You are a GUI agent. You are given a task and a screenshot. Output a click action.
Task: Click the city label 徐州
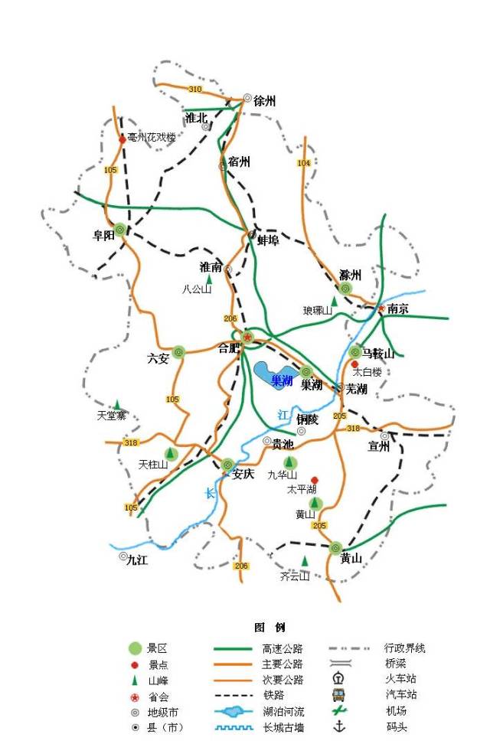coord(264,100)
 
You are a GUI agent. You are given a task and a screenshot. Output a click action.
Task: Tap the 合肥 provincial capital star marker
coord(247,337)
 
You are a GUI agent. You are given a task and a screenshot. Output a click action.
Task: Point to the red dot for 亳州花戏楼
coord(122,139)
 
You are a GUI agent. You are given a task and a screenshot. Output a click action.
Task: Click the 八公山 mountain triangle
coord(208,279)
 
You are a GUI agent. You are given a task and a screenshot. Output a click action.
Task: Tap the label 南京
coord(398,309)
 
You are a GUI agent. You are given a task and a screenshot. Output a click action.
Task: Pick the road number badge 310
coord(195,90)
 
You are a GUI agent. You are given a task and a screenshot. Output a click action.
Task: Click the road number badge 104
coord(304,163)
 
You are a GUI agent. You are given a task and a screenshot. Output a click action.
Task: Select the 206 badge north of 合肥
coord(230,318)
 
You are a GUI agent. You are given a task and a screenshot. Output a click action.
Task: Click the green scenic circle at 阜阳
coord(120,229)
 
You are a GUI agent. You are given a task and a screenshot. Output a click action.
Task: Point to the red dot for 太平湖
coord(314,480)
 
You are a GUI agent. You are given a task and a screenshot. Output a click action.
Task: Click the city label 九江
coord(137,560)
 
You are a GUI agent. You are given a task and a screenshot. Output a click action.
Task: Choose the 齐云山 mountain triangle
coord(305,561)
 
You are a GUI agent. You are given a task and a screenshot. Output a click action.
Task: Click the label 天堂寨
coord(111,416)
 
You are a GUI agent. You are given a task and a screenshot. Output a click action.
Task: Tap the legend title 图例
coord(269,627)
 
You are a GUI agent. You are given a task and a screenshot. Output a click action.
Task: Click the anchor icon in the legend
coord(338,725)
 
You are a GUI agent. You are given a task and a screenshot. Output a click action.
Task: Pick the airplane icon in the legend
coord(338,710)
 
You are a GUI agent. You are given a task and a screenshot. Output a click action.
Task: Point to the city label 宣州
coord(378,447)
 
